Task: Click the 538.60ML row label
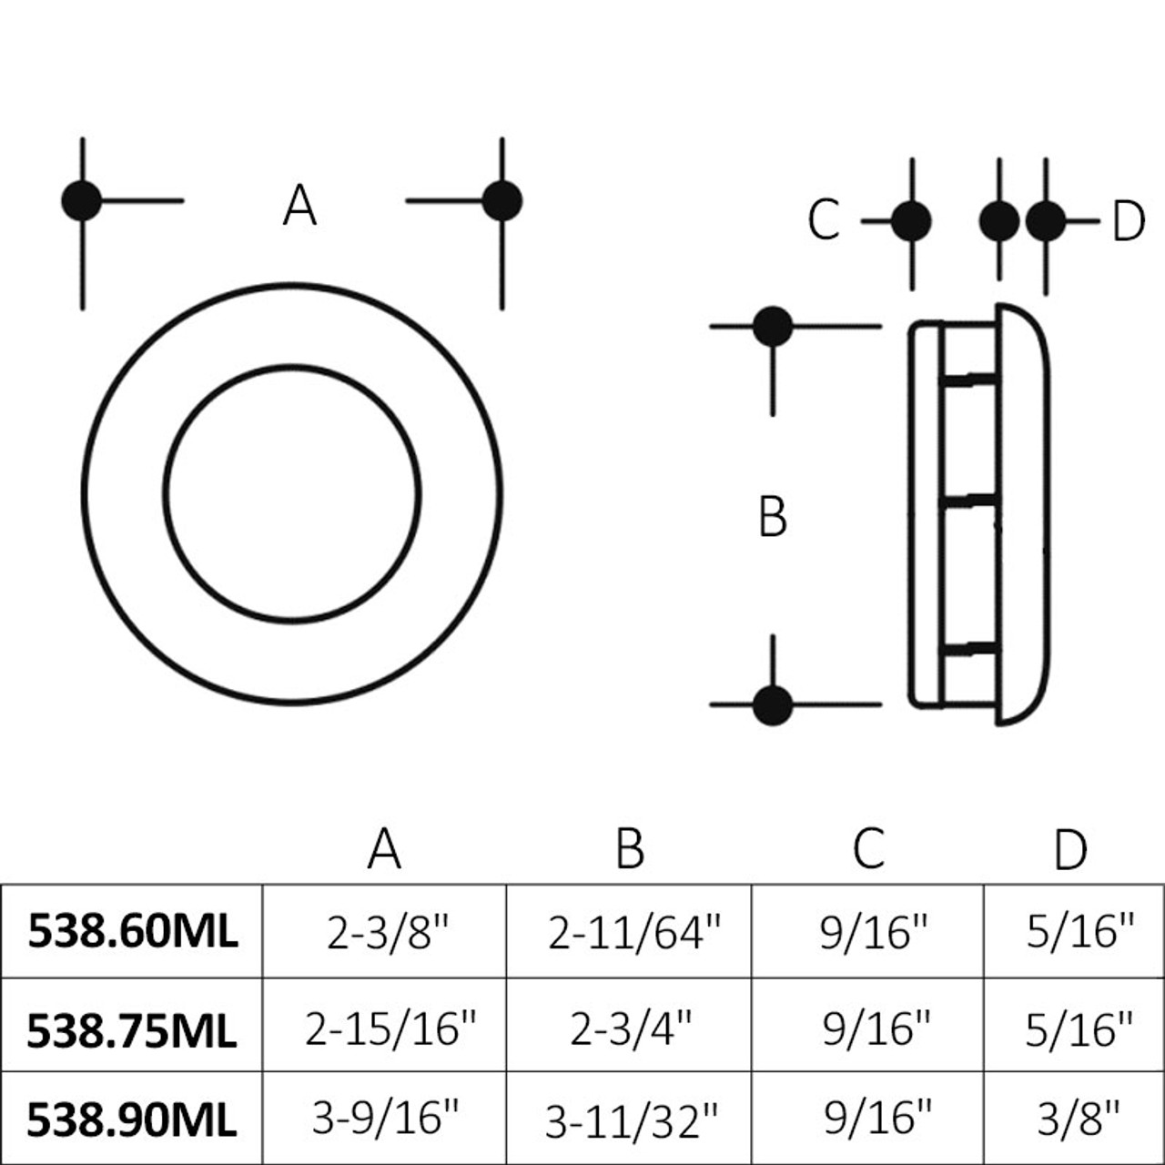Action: (132, 931)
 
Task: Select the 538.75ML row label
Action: (132, 1029)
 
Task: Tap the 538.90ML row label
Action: (132, 1119)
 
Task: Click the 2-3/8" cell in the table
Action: (389, 932)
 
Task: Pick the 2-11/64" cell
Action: (633, 932)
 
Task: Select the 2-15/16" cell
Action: (390, 1028)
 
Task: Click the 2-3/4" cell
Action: (631, 1028)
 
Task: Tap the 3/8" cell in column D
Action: (1079, 1119)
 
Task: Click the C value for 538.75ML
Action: (876, 1028)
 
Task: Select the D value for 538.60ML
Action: (1080, 932)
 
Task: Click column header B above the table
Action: (630, 848)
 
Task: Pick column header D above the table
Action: (1070, 850)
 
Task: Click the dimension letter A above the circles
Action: (299, 206)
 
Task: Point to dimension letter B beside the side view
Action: (773, 517)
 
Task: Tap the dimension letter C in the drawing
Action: (824, 220)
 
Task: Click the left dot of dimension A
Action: (82, 200)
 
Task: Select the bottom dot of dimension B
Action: (773, 705)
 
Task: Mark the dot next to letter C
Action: (911, 220)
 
